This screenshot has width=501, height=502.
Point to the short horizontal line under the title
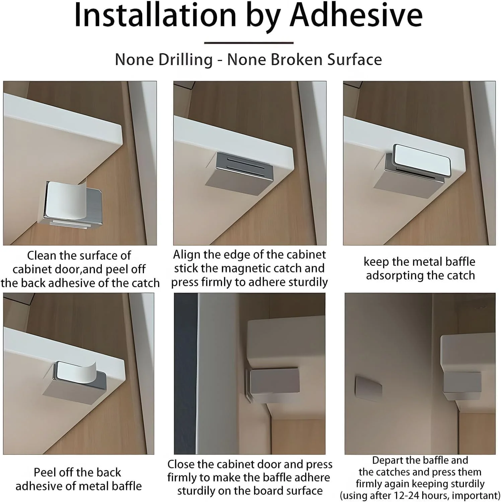pyautogui.click(x=249, y=43)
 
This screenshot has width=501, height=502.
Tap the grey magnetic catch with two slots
pyautogui.click(x=245, y=166)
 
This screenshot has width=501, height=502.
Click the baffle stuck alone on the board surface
pyautogui.click(x=369, y=388)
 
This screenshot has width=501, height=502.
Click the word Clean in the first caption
pyautogui.click(x=42, y=256)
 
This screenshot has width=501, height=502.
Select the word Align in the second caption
pyautogui.click(x=187, y=255)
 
